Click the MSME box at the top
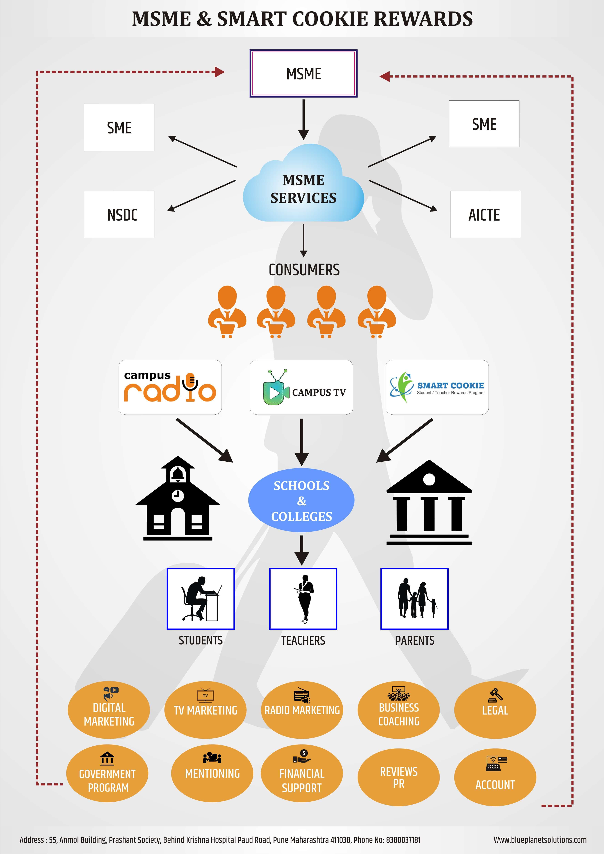(303, 74)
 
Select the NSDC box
(119, 215)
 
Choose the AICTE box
(485, 215)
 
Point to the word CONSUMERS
(304, 270)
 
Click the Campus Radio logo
(170, 387)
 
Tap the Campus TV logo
(301, 387)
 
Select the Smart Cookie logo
(437, 387)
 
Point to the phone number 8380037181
(403, 840)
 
